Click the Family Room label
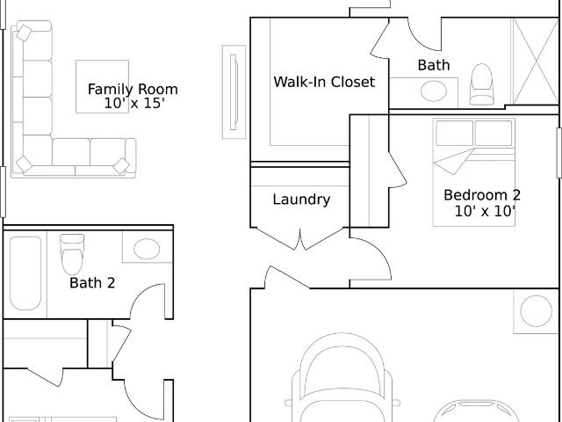click(x=133, y=89)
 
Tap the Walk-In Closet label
click(x=324, y=82)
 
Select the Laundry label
click(x=301, y=200)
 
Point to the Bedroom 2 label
click(x=482, y=195)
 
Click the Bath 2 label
click(x=92, y=283)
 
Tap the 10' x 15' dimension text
click(x=134, y=104)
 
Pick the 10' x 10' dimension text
click(x=485, y=211)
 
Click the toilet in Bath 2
click(x=72, y=254)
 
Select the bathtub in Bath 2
click(x=25, y=273)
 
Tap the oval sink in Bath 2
click(x=147, y=249)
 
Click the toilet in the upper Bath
click(x=481, y=84)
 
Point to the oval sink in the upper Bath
click(x=434, y=91)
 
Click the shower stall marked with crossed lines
click(x=536, y=62)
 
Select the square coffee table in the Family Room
click(x=102, y=86)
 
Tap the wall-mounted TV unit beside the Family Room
click(x=234, y=91)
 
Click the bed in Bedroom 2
click(x=474, y=172)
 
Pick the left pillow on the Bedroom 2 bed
click(x=455, y=133)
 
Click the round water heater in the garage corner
click(x=537, y=311)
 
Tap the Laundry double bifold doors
click(x=300, y=238)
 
